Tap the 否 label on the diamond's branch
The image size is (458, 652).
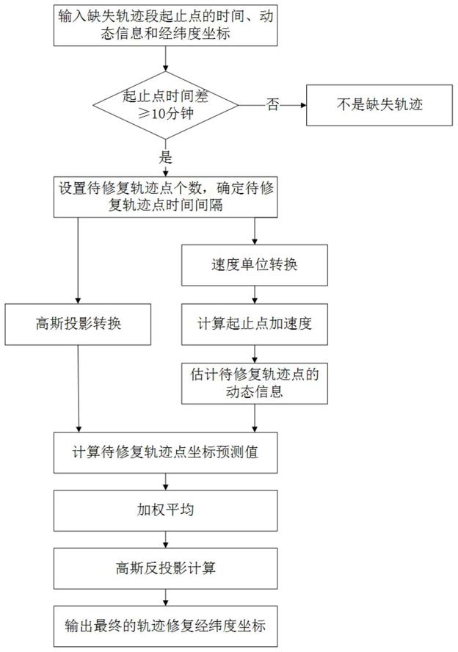(x=272, y=105)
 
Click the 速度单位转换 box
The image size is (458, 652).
(x=255, y=266)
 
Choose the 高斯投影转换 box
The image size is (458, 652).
(x=79, y=324)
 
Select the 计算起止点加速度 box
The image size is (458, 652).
(x=255, y=324)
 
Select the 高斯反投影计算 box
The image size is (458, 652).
(x=168, y=568)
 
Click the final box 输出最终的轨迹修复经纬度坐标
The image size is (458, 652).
(x=168, y=626)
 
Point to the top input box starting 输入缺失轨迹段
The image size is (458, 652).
(x=168, y=25)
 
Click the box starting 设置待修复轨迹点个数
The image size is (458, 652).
(x=168, y=197)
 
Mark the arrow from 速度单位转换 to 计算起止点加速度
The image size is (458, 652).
(x=255, y=294)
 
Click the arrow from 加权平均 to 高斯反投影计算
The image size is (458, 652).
(x=168, y=539)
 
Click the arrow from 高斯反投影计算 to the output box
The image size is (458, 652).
(x=168, y=596)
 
